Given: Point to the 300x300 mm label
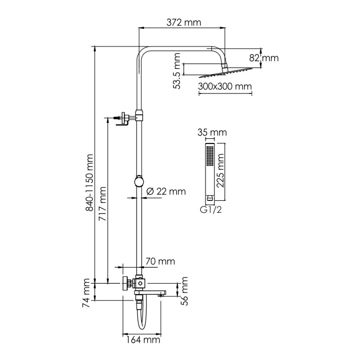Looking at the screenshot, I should coord(225,86).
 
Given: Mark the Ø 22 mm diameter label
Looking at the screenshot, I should coord(165,191).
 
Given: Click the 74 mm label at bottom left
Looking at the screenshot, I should coord(87,294).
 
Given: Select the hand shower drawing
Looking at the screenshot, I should coord(209,173).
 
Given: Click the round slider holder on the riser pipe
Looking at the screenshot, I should coord(138,181).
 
